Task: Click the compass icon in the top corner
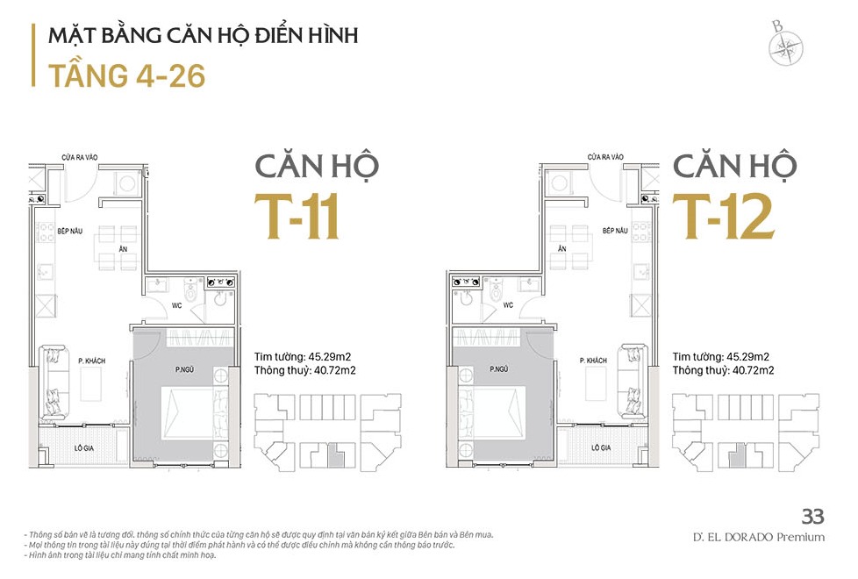pos(785,46)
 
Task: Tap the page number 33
pos(812,516)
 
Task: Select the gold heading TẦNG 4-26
pos(127,75)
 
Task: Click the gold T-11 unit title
pos(297,217)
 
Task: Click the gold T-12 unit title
pos(723,217)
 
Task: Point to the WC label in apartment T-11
pos(176,305)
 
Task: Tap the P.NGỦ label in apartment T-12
pos(499,369)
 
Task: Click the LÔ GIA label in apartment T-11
pos(83,447)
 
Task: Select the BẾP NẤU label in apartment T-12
pos(615,231)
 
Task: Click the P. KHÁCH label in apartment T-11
pos(91,361)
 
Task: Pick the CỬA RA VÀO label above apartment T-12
pos(605,157)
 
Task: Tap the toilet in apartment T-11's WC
pos(189,291)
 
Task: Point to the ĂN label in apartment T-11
pos(123,249)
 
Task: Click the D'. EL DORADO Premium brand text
pos(758,538)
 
